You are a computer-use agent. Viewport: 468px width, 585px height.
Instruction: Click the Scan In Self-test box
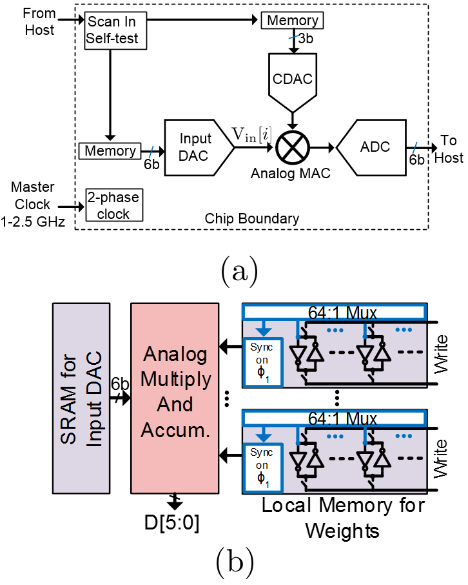tap(112, 30)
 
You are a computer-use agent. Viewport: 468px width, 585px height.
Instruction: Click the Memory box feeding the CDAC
tap(292, 21)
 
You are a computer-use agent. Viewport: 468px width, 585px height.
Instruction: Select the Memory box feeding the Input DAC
tap(111, 151)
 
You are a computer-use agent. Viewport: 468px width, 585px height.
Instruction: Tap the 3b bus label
tap(306, 39)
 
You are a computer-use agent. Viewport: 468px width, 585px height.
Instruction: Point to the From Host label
tap(39, 21)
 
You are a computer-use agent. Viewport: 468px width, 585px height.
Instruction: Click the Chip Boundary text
tap(253, 218)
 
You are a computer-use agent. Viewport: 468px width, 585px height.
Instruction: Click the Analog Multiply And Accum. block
tap(175, 398)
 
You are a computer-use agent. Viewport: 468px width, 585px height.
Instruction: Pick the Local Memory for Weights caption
tap(343, 518)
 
